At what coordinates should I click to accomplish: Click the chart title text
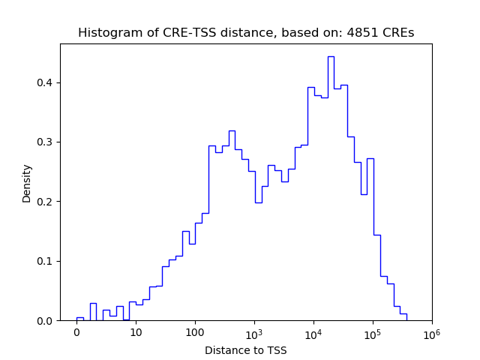pyautogui.click(x=246, y=33)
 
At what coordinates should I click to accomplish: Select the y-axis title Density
pyautogui.click(x=27, y=183)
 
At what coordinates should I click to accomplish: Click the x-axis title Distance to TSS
pyautogui.click(x=246, y=350)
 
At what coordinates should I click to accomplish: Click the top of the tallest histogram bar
pyautogui.click(x=331, y=57)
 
